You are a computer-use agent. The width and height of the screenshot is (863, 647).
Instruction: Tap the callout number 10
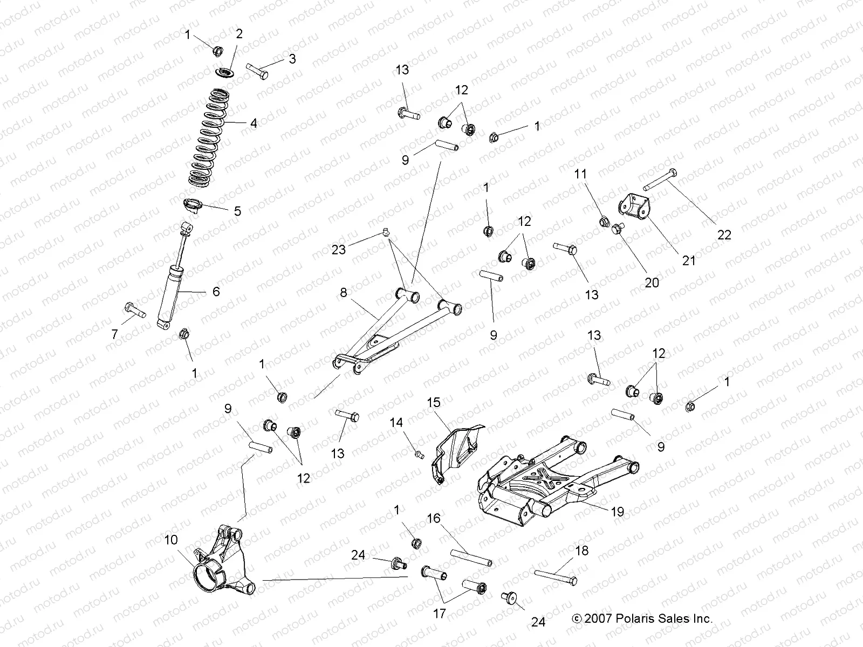(171, 540)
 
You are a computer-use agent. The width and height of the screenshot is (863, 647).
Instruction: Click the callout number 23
(338, 249)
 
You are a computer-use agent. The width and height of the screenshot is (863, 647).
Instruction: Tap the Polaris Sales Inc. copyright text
(642, 618)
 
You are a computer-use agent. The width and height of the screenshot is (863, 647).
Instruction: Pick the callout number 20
(652, 283)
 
